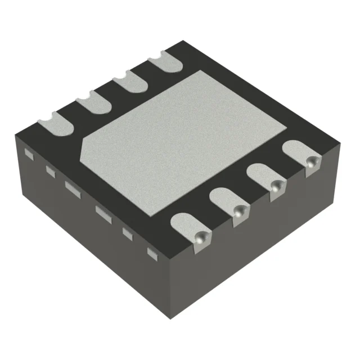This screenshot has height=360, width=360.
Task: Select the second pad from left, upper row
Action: [92, 104]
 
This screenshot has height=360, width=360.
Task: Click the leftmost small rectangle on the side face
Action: [29, 152]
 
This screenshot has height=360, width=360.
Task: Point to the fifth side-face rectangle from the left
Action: [128, 232]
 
